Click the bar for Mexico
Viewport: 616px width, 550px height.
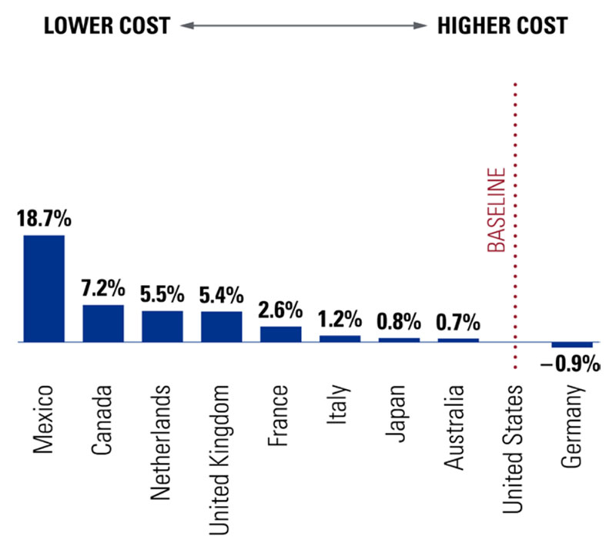pyautogui.click(x=44, y=288)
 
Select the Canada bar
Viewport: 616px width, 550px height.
pyautogui.click(x=103, y=323)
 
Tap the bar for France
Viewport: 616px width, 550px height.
pyautogui.click(x=281, y=334)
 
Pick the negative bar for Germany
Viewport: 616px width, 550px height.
pyautogui.click(x=572, y=344)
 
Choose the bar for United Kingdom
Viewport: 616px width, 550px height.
pyautogui.click(x=222, y=326)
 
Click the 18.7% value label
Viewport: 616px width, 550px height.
pyautogui.click(x=44, y=218)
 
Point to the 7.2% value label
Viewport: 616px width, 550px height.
pyautogui.click(x=103, y=289)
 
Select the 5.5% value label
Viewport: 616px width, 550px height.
pyautogui.click(x=162, y=294)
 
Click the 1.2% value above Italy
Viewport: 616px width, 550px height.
pyautogui.click(x=340, y=319)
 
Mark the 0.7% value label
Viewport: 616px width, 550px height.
pyautogui.click(x=458, y=322)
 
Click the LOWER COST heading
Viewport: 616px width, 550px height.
pyautogui.click(x=105, y=25)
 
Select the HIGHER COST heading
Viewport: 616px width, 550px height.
pyautogui.click(x=502, y=25)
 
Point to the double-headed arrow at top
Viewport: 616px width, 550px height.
pyautogui.click(x=303, y=25)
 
